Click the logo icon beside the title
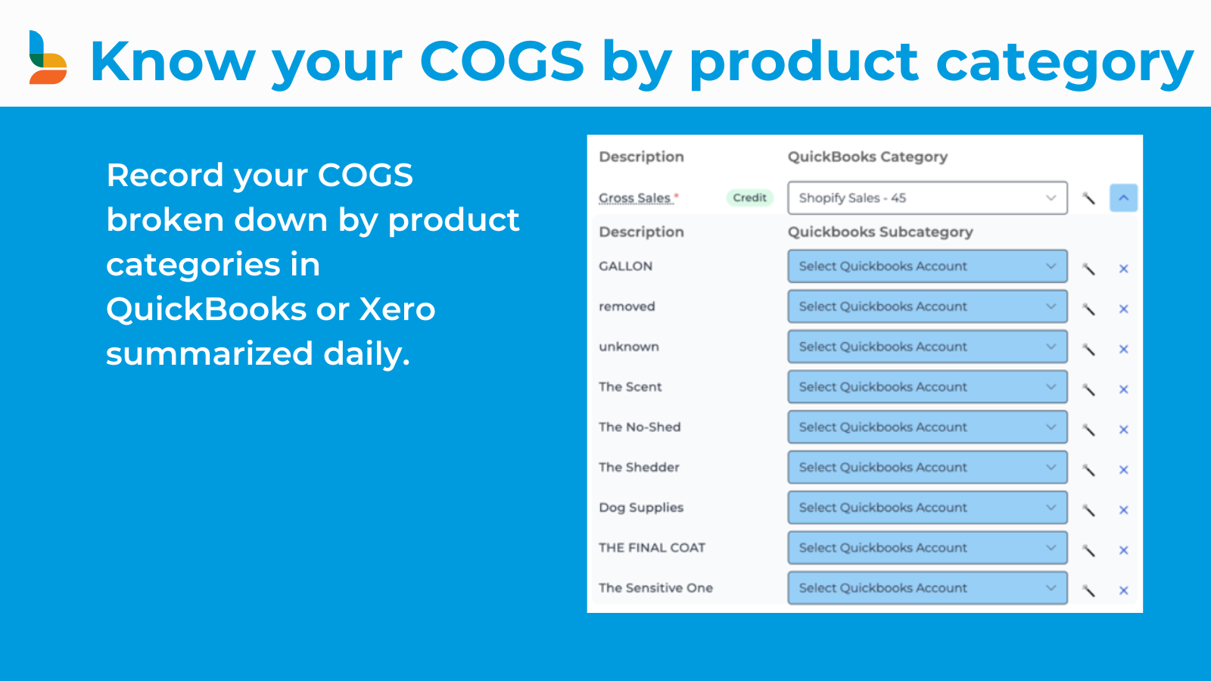tap(48, 58)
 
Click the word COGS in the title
tap(502, 61)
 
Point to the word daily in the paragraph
tap(366, 353)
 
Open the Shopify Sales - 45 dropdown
tap(927, 197)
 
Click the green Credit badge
tap(749, 197)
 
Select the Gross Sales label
tap(635, 197)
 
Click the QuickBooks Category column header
tap(867, 157)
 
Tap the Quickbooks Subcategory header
tap(880, 232)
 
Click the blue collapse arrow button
tap(1123, 197)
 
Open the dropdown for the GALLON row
tap(927, 266)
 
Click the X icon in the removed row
tap(1123, 309)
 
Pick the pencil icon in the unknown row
tap(1088, 349)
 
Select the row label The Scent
tap(630, 387)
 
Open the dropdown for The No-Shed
tap(927, 427)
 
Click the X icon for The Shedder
tap(1123, 470)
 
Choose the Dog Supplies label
tap(641, 507)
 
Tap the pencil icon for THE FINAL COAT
tap(1088, 550)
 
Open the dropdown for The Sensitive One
tap(927, 588)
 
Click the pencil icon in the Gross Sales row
tap(1088, 198)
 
